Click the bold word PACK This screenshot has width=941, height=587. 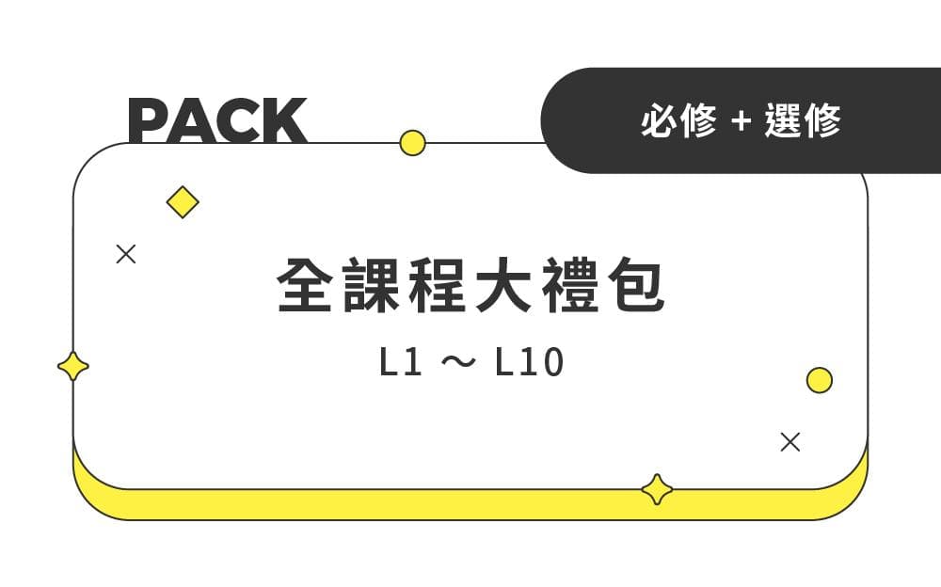pyautogui.click(x=217, y=119)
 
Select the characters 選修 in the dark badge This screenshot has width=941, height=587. pyautogui.click(x=803, y=120)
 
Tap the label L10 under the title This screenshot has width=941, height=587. pyautogui.click(x=529, y=364)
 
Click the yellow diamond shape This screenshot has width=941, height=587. pyautogui.click(x=183, y=202)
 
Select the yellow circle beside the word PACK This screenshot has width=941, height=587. pyautogui.click(x=412, y=143)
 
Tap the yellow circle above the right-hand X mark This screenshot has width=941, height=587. pyautogui.click(x=820, y=380)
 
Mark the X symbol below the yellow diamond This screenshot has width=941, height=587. pyautogui.click(x=125, y=254)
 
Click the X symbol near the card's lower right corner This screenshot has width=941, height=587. pyautogui.click(x=790, y=442)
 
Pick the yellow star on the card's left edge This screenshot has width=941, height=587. pyautogui.click(x=73, y=366)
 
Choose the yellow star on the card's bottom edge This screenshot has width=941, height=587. pyautogui.click(x=657, y=489)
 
